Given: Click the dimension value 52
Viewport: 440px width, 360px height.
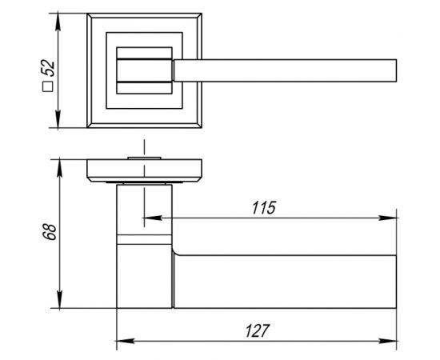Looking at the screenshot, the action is tap(48, 68).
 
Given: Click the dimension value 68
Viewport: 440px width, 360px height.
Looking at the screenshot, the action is tap(50, 232).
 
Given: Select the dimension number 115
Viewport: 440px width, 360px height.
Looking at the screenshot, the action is tap(264, 208).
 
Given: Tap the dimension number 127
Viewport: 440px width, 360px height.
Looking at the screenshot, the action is tap(258, 331).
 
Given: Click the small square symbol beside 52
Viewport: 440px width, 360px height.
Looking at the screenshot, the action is tap(48, 86).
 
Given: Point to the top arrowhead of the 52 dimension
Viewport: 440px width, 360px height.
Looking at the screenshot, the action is tap(58, 22).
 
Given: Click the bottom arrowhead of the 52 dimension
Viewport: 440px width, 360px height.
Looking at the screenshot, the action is tap(58, 118).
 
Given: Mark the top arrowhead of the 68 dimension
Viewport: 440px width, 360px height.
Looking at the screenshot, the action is tap(59, 168).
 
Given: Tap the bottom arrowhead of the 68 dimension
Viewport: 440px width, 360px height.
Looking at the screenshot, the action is tap(59, 299).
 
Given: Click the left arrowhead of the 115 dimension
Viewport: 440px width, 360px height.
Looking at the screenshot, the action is tap(153, 218).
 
